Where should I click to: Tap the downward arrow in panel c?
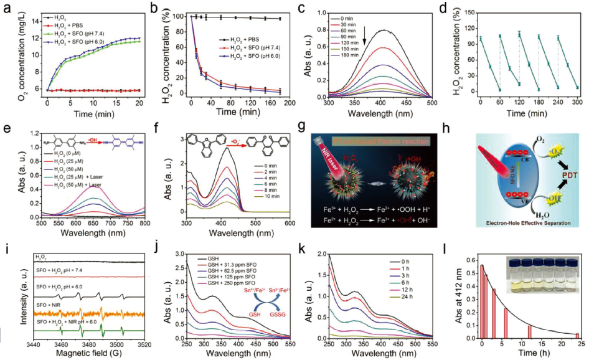(x=364, y=40)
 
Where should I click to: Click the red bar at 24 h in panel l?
(x=577, y=335)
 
